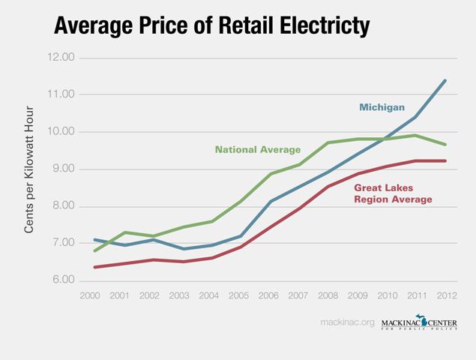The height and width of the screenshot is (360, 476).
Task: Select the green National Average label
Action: point(258,149)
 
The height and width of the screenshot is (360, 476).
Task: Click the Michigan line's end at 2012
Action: point(447,80)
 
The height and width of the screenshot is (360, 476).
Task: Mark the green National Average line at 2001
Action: point(124,232)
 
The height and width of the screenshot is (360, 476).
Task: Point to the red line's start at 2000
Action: point(94,267)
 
